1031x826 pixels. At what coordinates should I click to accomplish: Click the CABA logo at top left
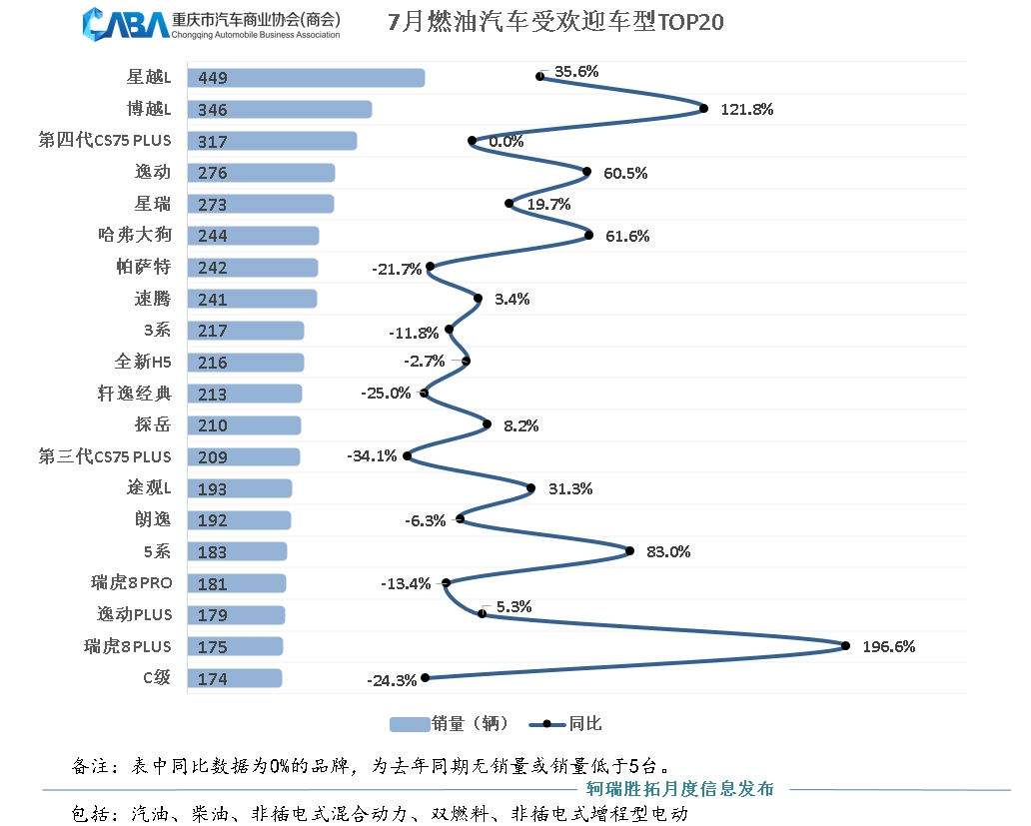click(126, 23)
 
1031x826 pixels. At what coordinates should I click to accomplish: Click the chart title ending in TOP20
click(554, 22)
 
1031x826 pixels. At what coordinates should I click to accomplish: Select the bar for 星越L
click(310, 78)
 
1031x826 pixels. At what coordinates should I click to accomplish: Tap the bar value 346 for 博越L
click(213, 110)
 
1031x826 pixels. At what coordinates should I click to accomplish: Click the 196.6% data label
click(888, 646)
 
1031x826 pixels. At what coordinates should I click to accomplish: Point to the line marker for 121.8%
click(703, 109)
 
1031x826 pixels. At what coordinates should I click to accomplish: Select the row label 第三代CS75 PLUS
click(105, 456)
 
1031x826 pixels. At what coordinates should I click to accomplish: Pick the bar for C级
click(238, 678)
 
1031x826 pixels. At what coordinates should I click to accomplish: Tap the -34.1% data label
click(371, 456)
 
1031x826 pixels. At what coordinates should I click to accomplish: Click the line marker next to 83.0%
click(629, 550)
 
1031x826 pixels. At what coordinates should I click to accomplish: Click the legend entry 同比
click(571, 724)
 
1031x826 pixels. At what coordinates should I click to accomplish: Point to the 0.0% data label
click(506, 142)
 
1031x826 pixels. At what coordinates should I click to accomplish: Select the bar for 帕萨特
click(256, 268)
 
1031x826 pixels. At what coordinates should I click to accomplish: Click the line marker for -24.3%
click(426, 677)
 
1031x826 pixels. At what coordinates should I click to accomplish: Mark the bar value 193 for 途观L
click(213, 488)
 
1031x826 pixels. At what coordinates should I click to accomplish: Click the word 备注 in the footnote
click(93, 766)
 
